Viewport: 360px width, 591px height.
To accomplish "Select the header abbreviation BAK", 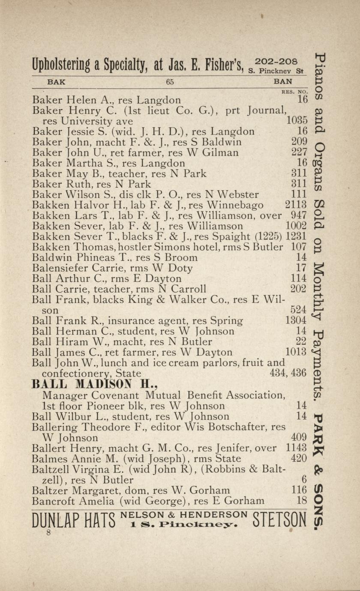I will [56, 82].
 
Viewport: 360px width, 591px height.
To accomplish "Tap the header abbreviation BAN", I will [283, 81].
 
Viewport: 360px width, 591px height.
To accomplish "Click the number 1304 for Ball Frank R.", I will [296, 320].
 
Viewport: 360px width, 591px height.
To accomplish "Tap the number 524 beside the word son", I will [299, 310].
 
